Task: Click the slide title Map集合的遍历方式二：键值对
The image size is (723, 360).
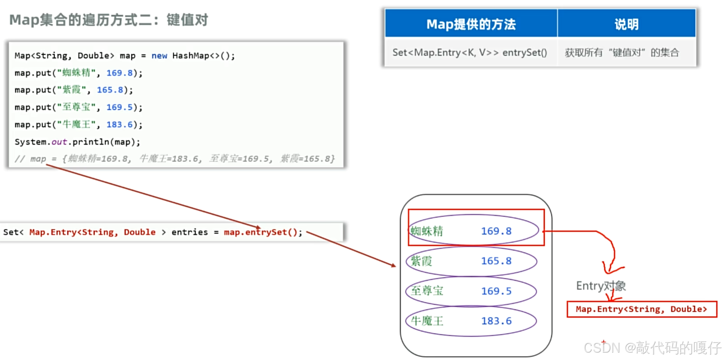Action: [109, 20]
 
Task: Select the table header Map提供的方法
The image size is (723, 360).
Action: [471, 24]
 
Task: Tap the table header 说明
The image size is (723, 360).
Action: [626, 24]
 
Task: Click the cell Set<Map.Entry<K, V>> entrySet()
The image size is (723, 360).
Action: [470, 53]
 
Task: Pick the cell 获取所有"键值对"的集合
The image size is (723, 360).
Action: [622, 53]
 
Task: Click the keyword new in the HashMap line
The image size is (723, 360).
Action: [159, 56]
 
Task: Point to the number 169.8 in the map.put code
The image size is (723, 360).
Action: [119, 73]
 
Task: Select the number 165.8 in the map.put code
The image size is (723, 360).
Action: [110, 90]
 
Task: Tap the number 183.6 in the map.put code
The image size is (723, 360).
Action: [119, 125]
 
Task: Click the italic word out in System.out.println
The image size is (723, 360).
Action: [59, 142]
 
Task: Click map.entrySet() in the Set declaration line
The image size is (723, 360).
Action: [263, 232]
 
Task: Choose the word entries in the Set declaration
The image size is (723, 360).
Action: [189, 232]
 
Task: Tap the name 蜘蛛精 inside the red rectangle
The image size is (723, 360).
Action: [427, 231]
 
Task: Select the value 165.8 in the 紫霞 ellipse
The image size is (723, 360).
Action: [496, 261]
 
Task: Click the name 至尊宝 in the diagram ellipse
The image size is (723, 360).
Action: [427, 291]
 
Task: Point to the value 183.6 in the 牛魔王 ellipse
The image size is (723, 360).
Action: [496, 321]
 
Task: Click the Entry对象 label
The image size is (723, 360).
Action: [601, 286]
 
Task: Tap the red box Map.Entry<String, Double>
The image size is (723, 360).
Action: [642, 309]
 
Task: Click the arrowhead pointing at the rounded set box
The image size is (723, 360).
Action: [394, 265]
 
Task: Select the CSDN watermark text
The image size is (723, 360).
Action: [652, 348]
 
